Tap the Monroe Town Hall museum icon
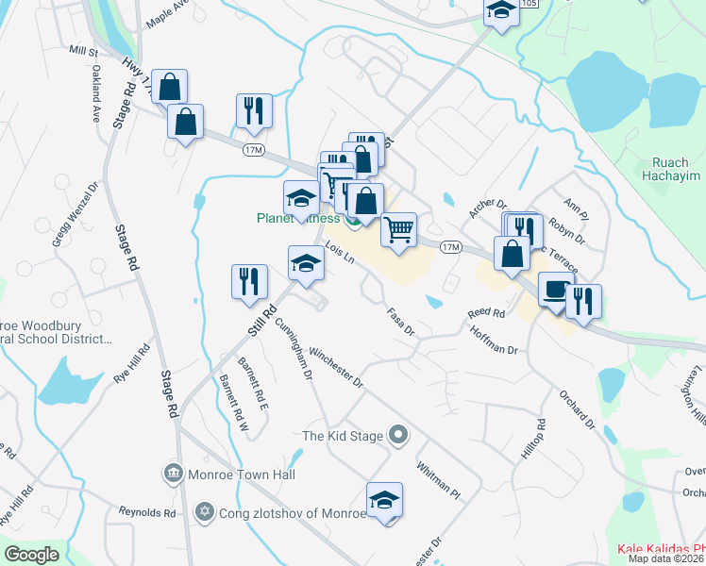173,473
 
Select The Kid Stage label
342,436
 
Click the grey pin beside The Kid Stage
398,435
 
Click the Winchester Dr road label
336,366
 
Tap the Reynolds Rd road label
147,513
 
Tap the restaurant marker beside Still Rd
249,282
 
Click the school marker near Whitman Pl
384,500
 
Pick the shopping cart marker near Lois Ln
399,229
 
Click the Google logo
32,555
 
